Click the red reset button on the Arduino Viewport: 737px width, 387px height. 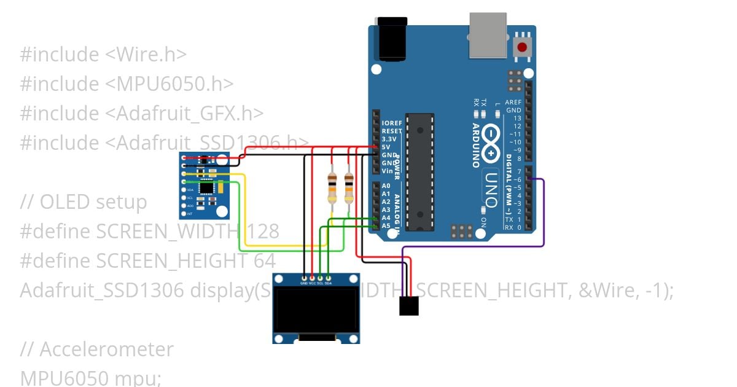523,47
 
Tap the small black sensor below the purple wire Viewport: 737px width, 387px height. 408,305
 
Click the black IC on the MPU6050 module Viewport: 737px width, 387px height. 209,187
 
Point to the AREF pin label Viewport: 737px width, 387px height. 513,103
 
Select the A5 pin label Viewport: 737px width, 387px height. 386,225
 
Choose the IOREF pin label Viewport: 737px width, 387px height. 391,123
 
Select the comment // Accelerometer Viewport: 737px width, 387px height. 97,350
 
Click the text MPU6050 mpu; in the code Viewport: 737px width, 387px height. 90,377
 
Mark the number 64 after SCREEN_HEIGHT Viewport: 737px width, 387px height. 264,261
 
